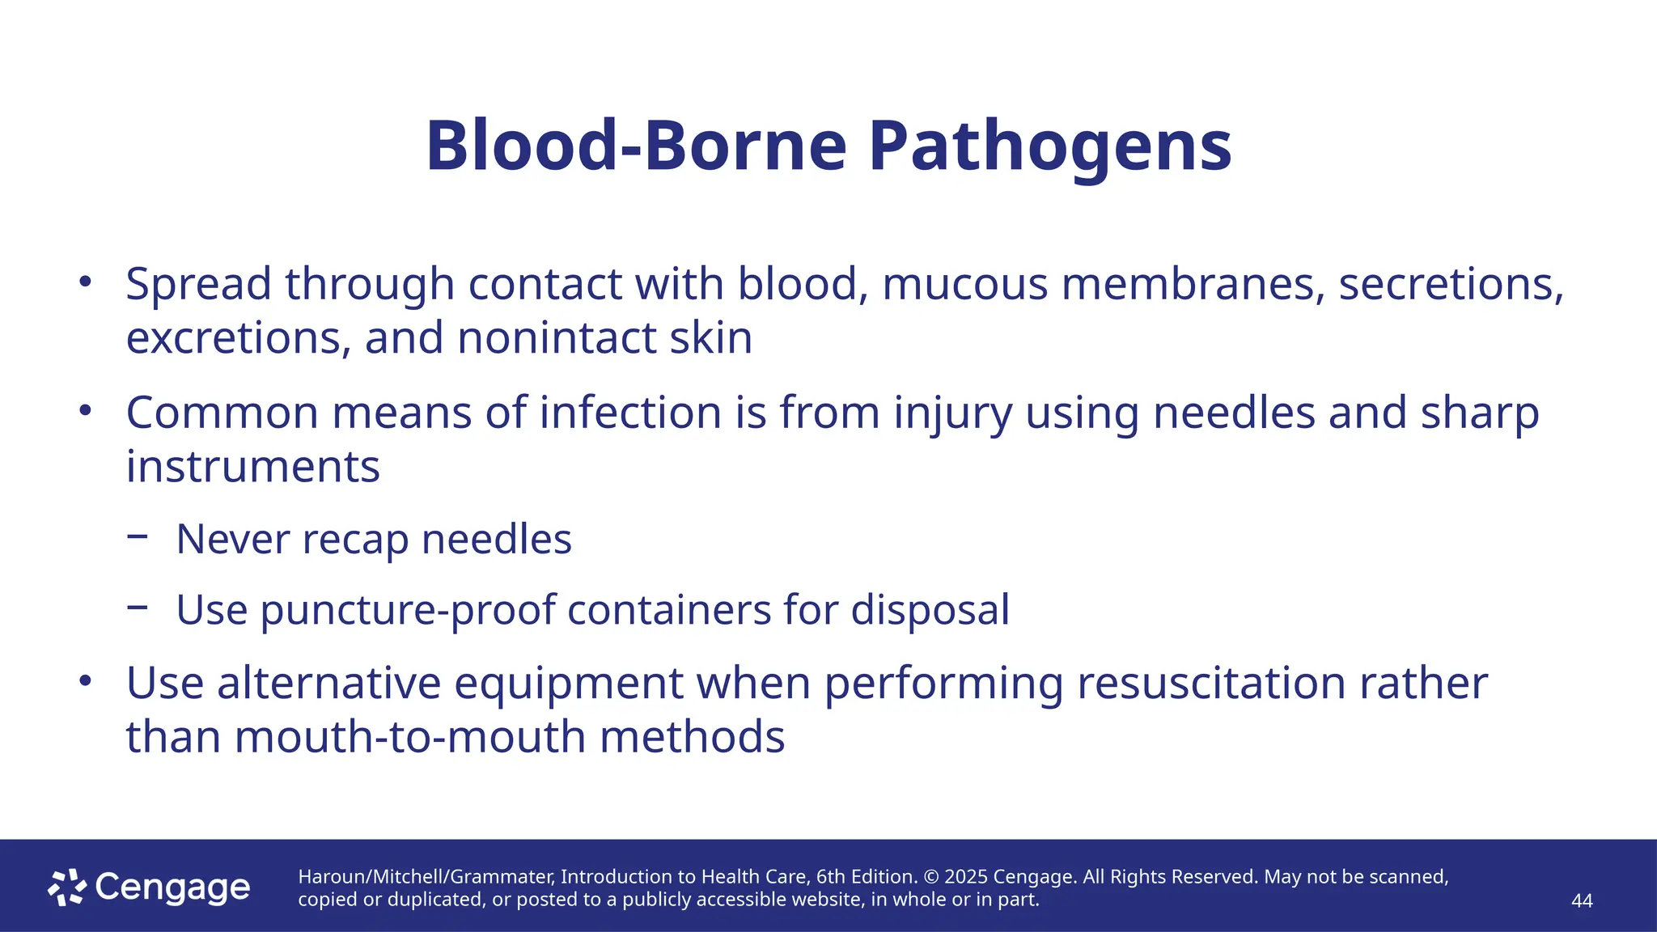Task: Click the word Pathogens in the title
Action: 1049,146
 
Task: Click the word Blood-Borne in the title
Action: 636,146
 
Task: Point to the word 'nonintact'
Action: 557,337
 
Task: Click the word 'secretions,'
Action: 1451,284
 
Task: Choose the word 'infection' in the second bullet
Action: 630,413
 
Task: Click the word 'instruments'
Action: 252,467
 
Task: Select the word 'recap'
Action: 355,540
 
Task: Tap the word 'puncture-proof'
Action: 408,610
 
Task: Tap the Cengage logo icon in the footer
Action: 67,888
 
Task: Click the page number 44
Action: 1581,901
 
